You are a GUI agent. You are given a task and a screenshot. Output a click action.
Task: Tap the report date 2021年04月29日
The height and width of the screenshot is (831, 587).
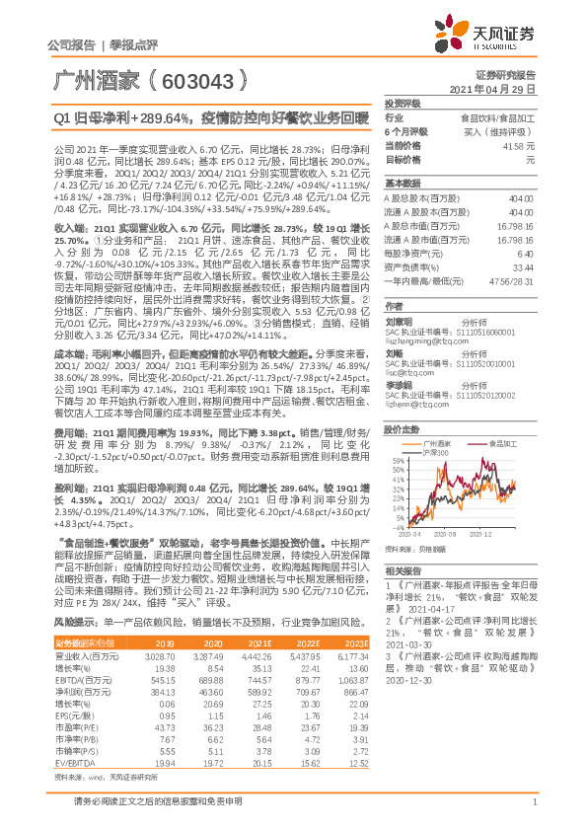(x=497, y=88)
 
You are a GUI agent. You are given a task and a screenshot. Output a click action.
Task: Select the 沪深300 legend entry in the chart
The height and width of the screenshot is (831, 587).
(x=435, y=450)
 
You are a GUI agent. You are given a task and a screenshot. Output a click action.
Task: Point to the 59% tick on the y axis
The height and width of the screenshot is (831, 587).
(x=399, y=460)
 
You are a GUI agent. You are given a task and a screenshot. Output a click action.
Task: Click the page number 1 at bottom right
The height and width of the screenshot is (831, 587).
(x=532, y=802)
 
